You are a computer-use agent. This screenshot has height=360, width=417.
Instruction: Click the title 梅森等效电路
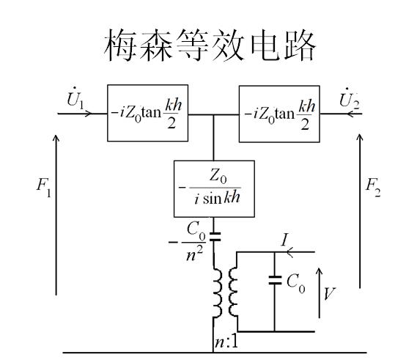(210, 45)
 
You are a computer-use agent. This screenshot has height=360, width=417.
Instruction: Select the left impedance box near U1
(147, 113)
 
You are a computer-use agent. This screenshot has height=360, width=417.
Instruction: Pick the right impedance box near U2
(279, 114)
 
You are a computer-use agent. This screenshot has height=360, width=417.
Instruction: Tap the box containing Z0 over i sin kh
(214, 189)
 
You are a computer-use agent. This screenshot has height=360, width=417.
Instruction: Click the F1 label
(44, 188)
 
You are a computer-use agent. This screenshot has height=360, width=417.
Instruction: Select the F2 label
(373, 187)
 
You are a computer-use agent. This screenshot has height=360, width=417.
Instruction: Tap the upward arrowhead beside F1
(56, 139)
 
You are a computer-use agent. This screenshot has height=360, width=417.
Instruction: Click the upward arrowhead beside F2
(360, 138)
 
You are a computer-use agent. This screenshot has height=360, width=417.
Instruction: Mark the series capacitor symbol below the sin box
(215, 237)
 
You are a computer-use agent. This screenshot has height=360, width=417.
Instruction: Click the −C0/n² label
(188, 242)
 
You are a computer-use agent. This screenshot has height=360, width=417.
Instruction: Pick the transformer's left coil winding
(216, 293)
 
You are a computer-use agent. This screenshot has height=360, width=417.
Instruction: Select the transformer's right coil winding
(233, 292)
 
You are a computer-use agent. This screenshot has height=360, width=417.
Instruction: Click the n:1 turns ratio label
(226, 342)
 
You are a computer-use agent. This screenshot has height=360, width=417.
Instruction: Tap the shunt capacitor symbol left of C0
(275, 280)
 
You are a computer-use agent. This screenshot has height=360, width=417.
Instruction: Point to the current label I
(285, 240)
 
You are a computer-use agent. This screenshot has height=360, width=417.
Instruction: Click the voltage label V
(330, 294)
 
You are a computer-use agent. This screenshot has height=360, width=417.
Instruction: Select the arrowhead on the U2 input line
(350, 114)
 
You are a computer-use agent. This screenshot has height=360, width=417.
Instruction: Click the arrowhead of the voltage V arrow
(319, 272)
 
